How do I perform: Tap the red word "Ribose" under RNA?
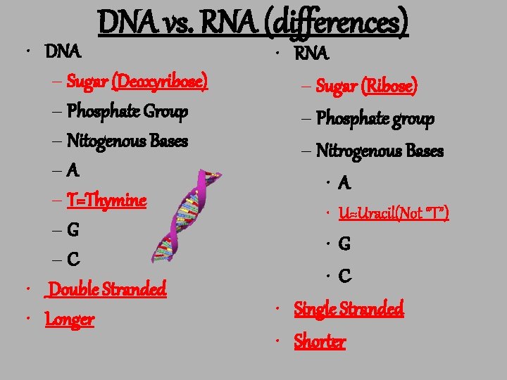pos(389,87)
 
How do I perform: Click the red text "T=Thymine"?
pos(107,201)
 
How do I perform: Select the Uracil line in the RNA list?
pos(394,213)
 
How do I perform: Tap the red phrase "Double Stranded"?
pos(108,289)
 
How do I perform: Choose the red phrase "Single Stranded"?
pos(349,309)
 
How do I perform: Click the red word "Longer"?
pos(69,319)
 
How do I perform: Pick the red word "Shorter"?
pos(320,342)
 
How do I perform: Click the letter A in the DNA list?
pos(75,171)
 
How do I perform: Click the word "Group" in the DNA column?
pos(165,111)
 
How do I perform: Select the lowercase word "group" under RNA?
pos(412,118)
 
